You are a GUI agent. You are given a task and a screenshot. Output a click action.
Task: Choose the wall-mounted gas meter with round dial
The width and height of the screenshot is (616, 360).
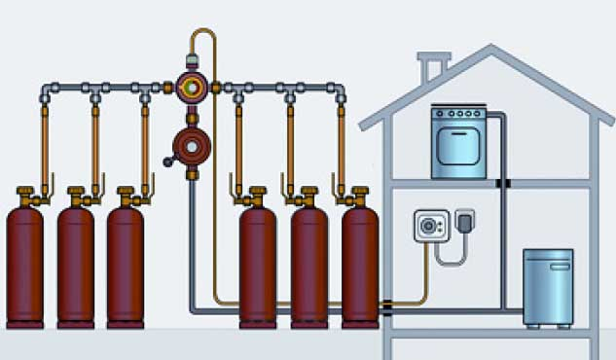(429, 227)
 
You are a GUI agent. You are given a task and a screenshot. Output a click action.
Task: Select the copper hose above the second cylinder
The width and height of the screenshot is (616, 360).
(95, 146)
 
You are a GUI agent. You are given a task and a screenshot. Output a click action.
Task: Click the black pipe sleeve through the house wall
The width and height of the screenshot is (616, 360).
(388, 306)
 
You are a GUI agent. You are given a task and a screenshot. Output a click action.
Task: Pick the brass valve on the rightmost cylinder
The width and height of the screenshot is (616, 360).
(359, 196)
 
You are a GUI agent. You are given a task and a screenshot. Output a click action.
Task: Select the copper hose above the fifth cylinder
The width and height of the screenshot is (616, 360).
(290, 146)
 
